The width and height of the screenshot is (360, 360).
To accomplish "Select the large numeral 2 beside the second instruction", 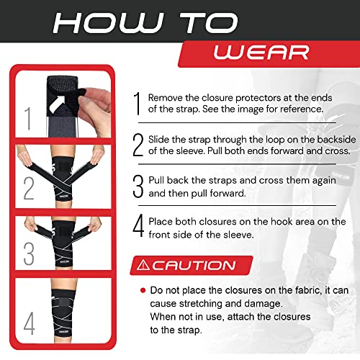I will [x=138, y=145].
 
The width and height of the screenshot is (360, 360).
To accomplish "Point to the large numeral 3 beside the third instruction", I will [x=138, y=186].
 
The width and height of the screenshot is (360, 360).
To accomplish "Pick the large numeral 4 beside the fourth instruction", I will [x=138, y=228].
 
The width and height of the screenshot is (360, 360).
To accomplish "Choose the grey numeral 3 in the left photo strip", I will [x=29, y=254].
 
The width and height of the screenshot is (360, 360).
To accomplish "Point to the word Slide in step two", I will [x=162, y=138].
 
